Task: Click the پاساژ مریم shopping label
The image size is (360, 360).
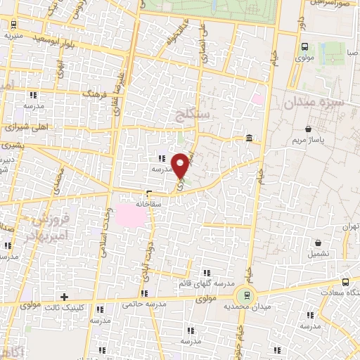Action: [309, 141]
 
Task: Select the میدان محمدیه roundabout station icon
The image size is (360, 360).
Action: [245, 295]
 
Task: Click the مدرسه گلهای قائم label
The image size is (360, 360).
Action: [202, 283]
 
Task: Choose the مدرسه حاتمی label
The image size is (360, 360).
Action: [143, 304]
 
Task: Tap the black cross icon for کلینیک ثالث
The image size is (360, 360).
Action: [65, 297]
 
